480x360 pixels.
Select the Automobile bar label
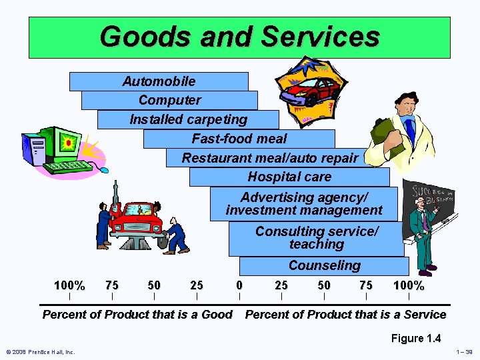[159, 81]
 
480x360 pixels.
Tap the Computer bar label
[169, 100]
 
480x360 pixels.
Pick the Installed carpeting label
[188, 119]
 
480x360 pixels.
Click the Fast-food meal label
[239, 139]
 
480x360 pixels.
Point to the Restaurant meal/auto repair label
[270, 158]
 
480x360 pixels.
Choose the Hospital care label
[289, 177]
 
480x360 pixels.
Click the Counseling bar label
[324, 265]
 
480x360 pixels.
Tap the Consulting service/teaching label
[317, 238]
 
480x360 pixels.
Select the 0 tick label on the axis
[239, 285]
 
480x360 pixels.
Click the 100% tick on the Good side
[69, 285]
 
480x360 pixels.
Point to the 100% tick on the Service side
[409, 285]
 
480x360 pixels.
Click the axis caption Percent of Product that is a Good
[137, 315]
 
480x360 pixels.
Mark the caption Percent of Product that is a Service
[345, 315]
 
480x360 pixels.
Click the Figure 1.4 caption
[416, 338]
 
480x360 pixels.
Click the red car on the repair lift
[137, 217]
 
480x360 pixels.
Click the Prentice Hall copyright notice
[40, 352]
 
